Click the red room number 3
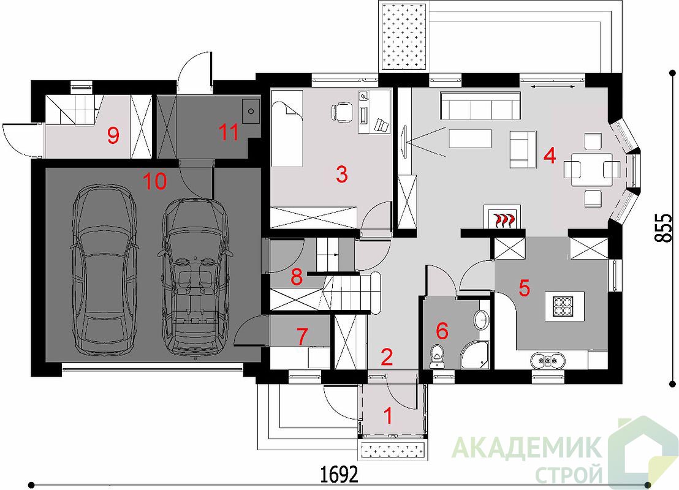click(x=342, y=175)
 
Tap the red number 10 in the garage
click(x=155, y=181)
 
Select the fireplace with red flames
click(x=502, y=216)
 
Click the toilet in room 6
click(x=438, y=356)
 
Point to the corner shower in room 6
click(x=474, y=355)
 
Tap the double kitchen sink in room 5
click(x=547, y=360)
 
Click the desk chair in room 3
click(x=343, y=111)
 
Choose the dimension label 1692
click(x=339, y=475)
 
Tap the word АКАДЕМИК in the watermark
click(x=526, y=448)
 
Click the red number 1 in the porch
click(x=389, y=416)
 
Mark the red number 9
click(x=113, y=137)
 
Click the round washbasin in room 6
click(x=482, y=320)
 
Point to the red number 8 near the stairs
click(x=297, y=277)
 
